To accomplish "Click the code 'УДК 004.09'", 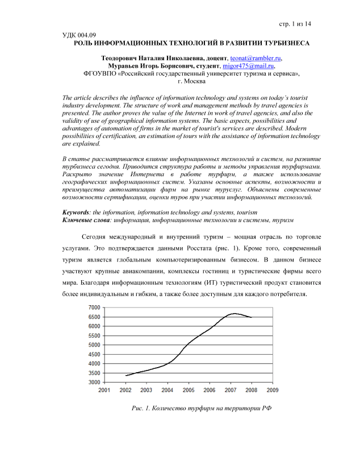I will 79,35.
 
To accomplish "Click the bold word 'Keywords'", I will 76,211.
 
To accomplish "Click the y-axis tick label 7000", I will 93,307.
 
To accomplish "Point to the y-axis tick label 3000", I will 93,382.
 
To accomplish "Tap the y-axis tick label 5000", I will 93,345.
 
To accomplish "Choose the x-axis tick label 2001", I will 104,390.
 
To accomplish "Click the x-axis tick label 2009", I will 273,390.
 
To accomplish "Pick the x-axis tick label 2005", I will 189,390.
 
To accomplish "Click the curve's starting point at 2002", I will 126,376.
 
